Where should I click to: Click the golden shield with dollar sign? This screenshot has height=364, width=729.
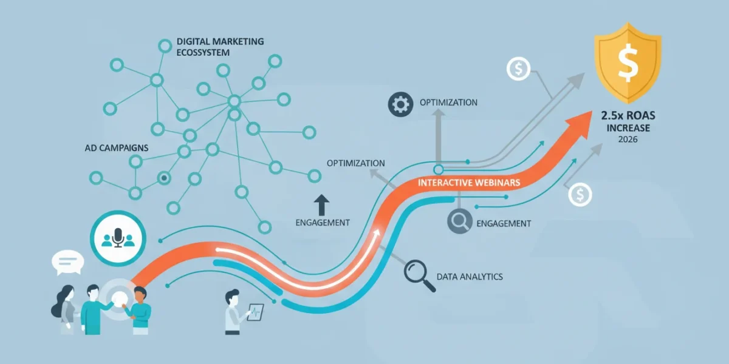pyautogui.click(x=628, y=62)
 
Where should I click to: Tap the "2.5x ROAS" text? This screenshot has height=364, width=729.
pyautogui.click(x=628, y=115)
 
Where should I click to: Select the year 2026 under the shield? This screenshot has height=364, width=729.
pyautogui.click(x=628, y=140)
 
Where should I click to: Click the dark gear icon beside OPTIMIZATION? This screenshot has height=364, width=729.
pyautogui.click(x=400, y=104)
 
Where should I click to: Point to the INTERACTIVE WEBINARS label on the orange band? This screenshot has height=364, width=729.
pyautogui.click(x=469, y=183)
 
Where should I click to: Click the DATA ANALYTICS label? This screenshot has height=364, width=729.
pyautogui.click(x=470, y=277)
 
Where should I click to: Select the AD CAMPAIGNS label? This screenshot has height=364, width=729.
pyautogui.click(x=117, y=148)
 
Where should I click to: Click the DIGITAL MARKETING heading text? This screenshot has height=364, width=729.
pyautogui.click(x=220, y=42)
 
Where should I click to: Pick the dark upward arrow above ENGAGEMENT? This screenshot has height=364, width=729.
pyautogui.click(x=321, y=205)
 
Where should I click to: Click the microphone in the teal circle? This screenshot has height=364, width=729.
pyautogui.click(x=118, y=238)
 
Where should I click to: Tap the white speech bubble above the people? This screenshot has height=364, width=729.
pyautogui.click(x=67, y=262)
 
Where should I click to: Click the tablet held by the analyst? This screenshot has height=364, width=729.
pyautogui.click(x=256, y=312)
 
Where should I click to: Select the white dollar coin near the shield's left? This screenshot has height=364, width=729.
pyautogui.click(x=518, y=69)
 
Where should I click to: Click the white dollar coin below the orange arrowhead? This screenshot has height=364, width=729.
pyautogui.click(x=580, y=195)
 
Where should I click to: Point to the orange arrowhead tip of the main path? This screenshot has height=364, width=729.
pyautogui.click(x=592, y=111)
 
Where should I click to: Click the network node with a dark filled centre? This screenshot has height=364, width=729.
pyautogui.click(x=164, y=178)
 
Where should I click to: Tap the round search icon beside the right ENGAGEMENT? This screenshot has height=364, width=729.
pyautogui.click(x=459, y=221)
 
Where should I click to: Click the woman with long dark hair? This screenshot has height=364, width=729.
pyautogui.click(x=64, y=309)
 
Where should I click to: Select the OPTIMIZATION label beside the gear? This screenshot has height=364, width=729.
pyautogui.click(x=448, y=103)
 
